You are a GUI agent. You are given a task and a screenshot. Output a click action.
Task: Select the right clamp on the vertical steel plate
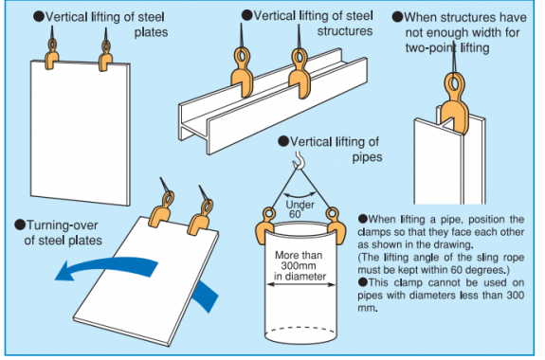(105, 56)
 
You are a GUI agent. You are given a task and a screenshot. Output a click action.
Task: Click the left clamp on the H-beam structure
(243, 72)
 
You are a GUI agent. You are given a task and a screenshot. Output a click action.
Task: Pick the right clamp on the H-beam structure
(300, 73)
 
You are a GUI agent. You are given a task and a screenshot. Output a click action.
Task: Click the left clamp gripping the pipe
(264, 225)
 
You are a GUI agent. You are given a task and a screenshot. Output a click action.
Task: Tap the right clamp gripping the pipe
(336, 225)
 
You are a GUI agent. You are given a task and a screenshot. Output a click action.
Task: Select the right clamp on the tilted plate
(201, 218)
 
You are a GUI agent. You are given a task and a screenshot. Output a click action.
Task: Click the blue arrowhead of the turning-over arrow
(65, 271)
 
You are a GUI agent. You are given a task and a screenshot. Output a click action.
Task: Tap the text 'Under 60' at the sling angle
(300, 209)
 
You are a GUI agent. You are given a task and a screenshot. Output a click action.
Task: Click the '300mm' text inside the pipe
(299, 266)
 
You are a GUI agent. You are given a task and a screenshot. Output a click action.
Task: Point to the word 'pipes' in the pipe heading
(367, 157)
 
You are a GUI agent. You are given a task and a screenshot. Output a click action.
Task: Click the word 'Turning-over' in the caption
(63, 225)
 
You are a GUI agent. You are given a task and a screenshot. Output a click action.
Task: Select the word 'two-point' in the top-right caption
(431, 47)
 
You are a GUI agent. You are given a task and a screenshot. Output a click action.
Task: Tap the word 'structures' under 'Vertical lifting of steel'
(344, 31)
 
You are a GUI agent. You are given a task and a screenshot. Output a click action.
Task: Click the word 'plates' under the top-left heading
(152, 32)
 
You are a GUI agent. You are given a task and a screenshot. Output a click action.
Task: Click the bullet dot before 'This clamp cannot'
(362, 281)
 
